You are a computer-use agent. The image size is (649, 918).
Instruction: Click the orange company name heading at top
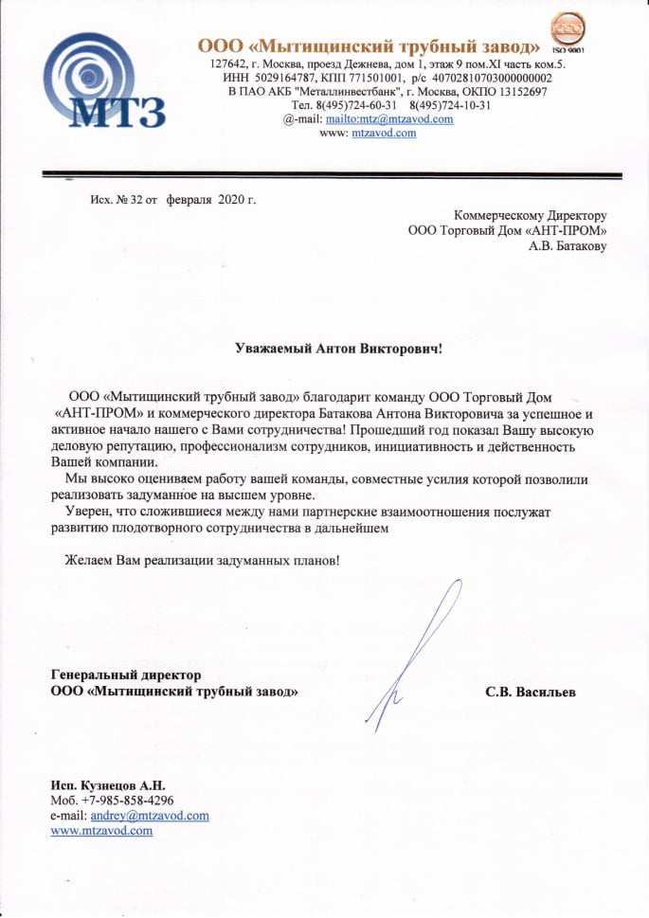point(369,45)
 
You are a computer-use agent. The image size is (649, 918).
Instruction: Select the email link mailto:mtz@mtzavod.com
point(388,119)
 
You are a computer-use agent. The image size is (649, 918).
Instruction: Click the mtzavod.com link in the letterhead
point(384,134)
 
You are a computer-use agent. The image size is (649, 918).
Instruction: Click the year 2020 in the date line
point(231,200)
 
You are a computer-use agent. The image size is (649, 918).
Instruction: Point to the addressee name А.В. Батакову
point(568,246)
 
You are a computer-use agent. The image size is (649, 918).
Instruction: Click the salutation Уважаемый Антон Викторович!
point(338,348)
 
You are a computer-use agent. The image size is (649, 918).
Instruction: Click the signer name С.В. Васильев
point(530,693)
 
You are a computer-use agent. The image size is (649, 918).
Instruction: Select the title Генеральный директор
point(126,675)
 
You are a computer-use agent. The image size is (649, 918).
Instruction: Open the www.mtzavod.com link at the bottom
point(101,831)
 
